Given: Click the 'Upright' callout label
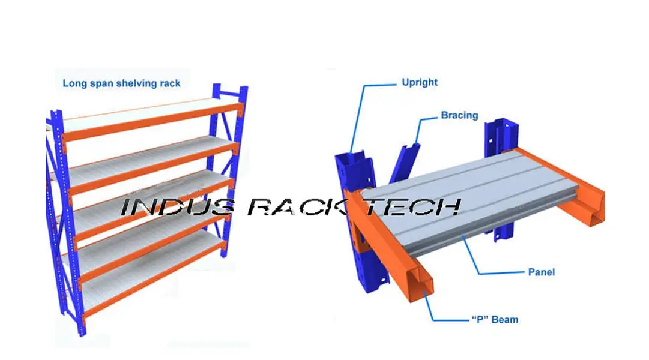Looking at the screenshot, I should pos(420,82).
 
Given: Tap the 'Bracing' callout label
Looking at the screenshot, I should pos(459,115).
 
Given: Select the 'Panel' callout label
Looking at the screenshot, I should pos(541,272).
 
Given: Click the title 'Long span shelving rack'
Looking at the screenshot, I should pos(121,83).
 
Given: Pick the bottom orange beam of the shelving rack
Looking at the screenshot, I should pos(150,295).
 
